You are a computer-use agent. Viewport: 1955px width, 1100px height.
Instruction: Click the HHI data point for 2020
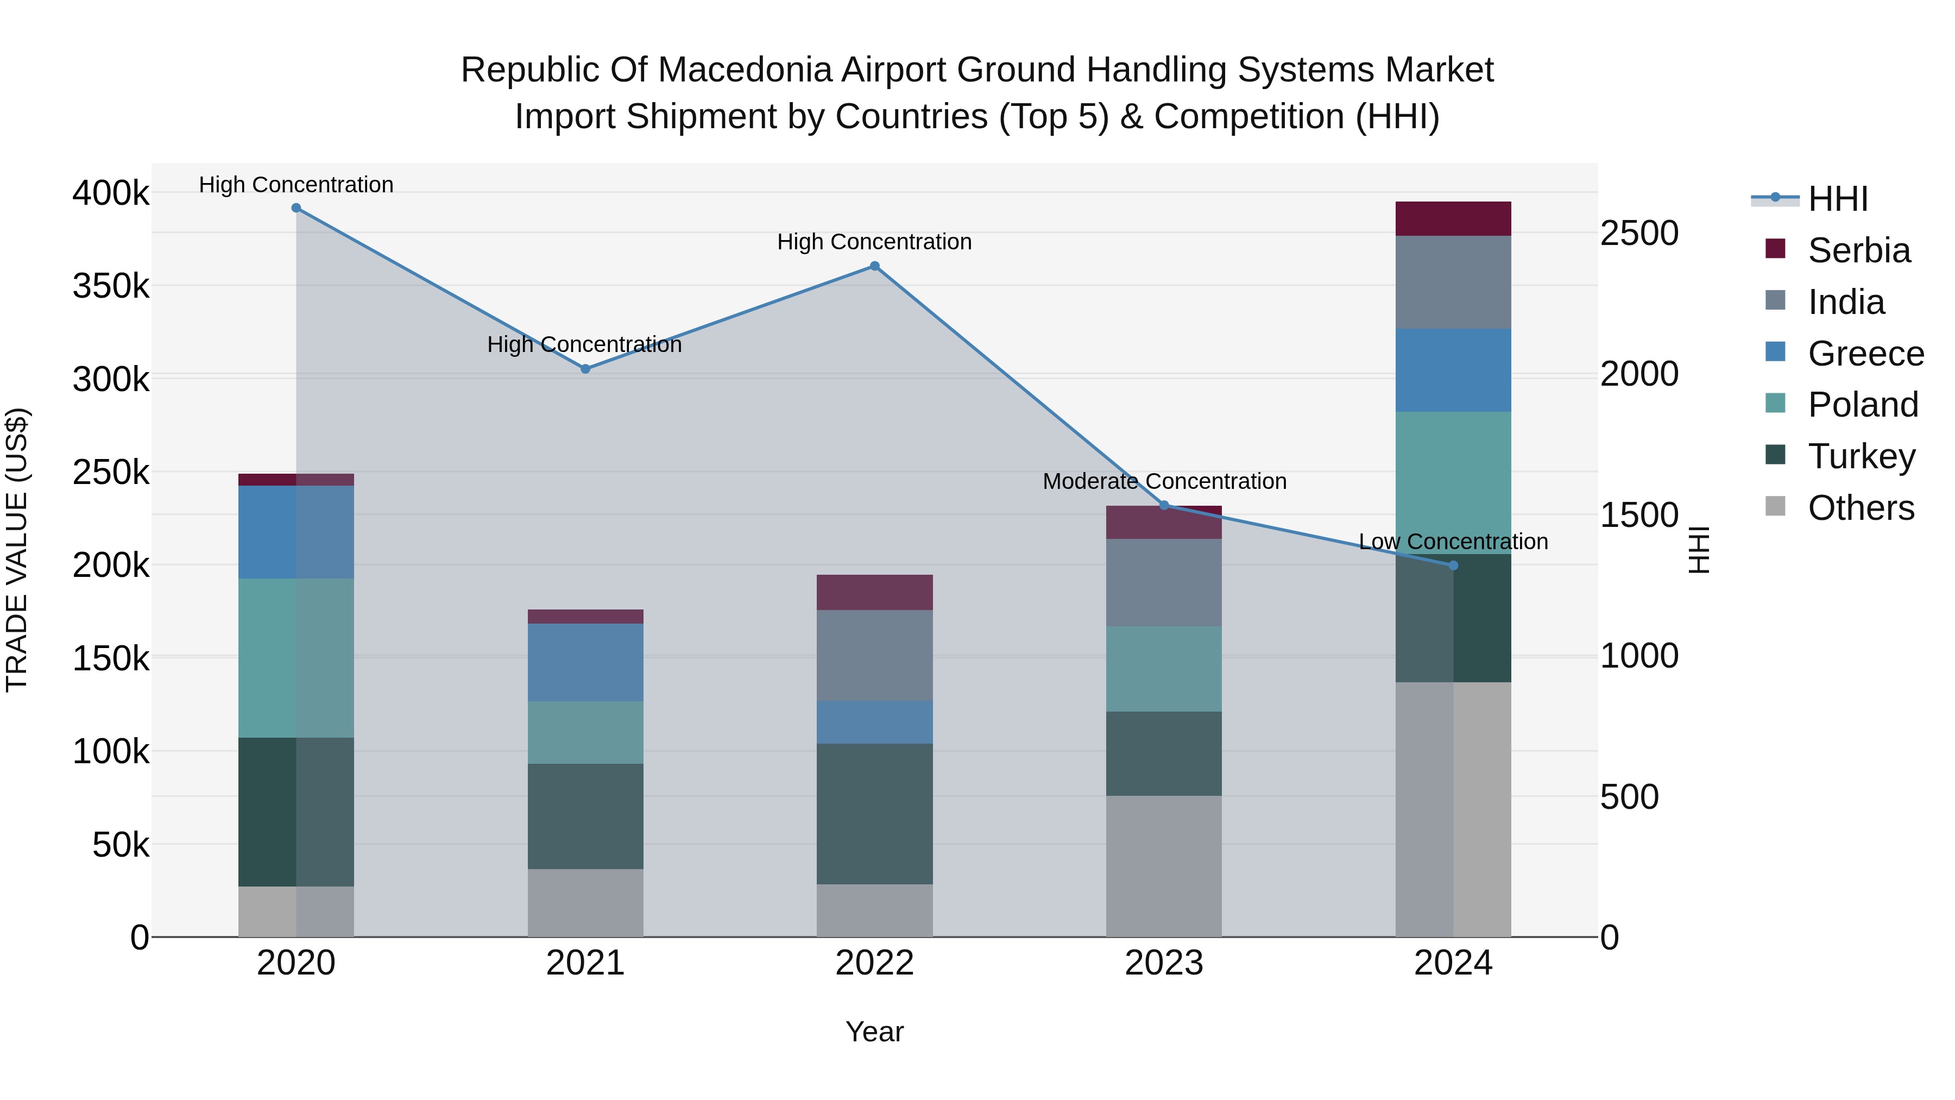(296, 208)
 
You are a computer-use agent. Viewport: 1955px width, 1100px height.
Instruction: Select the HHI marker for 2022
(874, 267)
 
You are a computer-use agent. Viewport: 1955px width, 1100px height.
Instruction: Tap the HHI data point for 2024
(1453, 565)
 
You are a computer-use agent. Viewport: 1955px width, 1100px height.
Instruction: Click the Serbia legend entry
(1859, 250)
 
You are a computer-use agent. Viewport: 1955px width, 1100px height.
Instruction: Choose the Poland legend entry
(1863, 405)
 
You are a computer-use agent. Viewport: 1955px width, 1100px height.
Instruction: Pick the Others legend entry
(1861, 508)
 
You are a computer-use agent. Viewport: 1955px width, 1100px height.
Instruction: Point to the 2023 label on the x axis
(1163, 963)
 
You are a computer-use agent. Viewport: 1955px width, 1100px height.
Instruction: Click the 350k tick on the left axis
(111, 287)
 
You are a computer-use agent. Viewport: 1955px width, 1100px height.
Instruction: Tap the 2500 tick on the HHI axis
(1639, 233)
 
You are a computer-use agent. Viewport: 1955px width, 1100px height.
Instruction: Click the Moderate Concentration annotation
(1164, 481)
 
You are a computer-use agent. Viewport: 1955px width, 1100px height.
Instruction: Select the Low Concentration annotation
(1453, 542)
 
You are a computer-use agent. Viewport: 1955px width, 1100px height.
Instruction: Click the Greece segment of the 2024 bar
(1453, 370)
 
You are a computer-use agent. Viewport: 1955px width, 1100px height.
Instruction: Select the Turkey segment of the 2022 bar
(874, 814)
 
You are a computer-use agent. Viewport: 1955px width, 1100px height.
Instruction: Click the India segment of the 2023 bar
(1163, 582)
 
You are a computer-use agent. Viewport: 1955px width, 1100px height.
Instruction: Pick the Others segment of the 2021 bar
(585, 903)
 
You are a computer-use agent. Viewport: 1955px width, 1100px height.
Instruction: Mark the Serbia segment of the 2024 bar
(1453, 218)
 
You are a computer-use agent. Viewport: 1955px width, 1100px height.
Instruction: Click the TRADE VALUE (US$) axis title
(17, 550)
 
